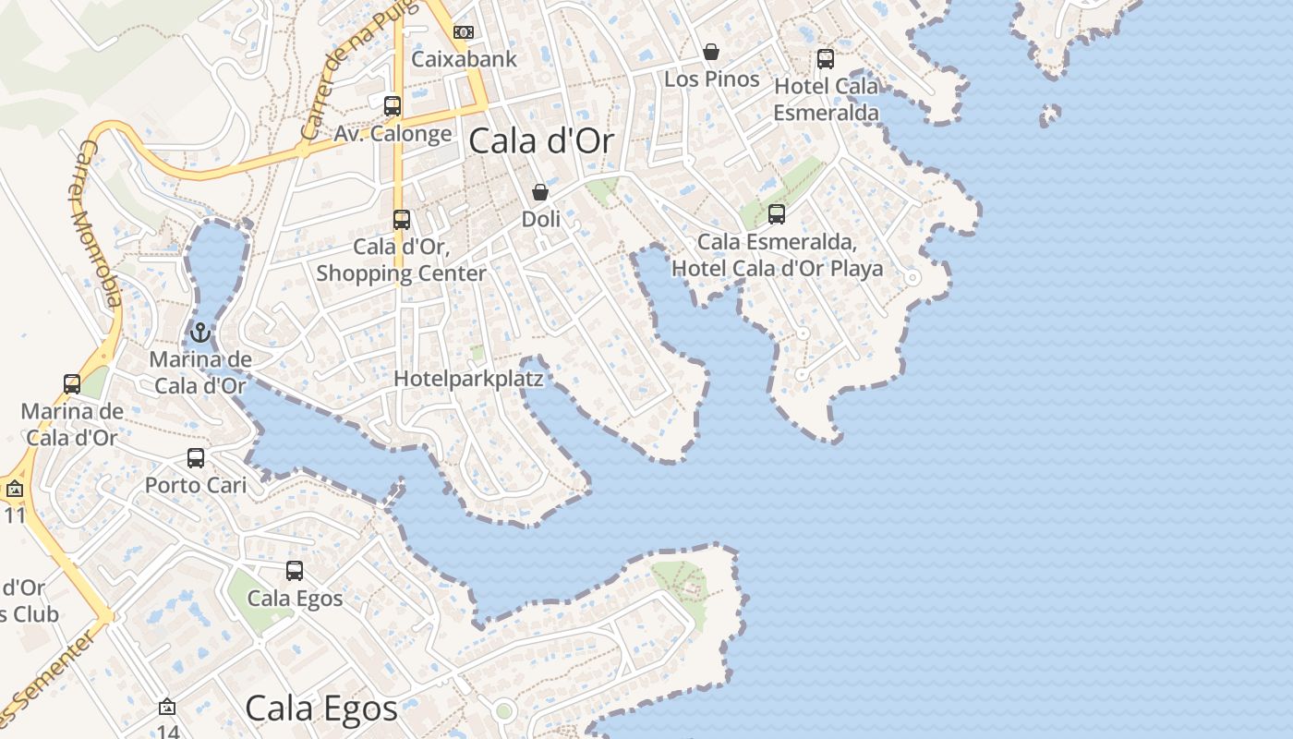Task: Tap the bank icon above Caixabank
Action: [464, 32]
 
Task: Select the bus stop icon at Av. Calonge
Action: [393, 106]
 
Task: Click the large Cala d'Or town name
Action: [542, 141]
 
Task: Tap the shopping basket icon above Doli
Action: [540, 192]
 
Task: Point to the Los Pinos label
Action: [712, 79]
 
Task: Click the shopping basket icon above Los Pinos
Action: [711, 52]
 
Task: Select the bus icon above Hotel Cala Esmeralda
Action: [826, 59]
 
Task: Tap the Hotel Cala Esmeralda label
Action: [827, 99]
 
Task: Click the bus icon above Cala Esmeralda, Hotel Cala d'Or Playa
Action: [777, 214]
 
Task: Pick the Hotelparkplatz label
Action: [468, 379]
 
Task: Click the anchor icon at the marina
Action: [200, 333]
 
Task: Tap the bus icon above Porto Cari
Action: [196, 458]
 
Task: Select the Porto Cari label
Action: [196, 485]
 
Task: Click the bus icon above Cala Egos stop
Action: [295, 571]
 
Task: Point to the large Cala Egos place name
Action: [321, 709]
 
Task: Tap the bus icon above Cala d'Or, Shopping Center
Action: [402, 220]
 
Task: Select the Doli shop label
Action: [541, 220]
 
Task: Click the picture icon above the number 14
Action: [167, 707]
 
